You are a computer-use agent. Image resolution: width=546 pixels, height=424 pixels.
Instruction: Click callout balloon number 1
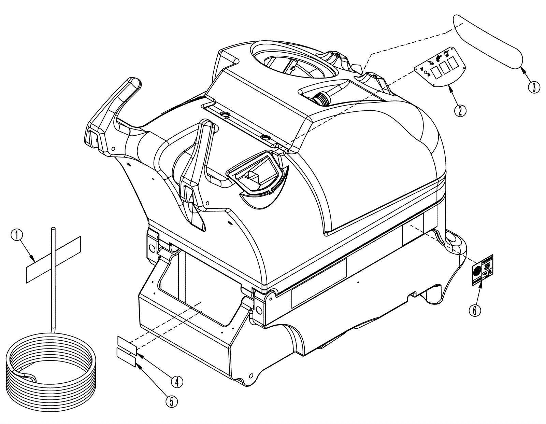click(x=17, y=235)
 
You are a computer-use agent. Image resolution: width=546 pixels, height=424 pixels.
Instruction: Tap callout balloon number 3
click(x=534, y=87)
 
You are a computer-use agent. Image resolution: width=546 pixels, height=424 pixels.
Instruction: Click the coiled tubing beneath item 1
click(x=52, y=369)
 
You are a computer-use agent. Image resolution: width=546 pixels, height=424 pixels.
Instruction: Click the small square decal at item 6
click(x=483, y=270)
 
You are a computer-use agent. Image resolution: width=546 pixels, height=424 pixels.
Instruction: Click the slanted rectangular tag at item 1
click(x=54, y=259)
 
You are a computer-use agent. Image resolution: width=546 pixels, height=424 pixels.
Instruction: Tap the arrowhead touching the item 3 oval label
click(x=521, y=70)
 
